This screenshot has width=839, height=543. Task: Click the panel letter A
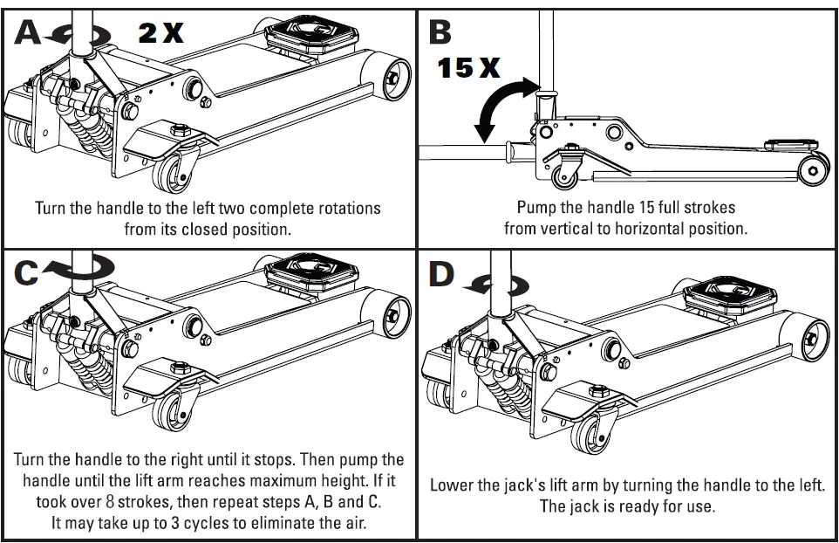tap(27, 33)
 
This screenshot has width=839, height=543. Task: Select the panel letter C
tap(27, 273)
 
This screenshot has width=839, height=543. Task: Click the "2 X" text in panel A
tap(161, 33)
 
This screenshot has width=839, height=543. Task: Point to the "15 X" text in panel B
tap(468, 68)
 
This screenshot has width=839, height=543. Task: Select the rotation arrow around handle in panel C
tap(78, 271)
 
